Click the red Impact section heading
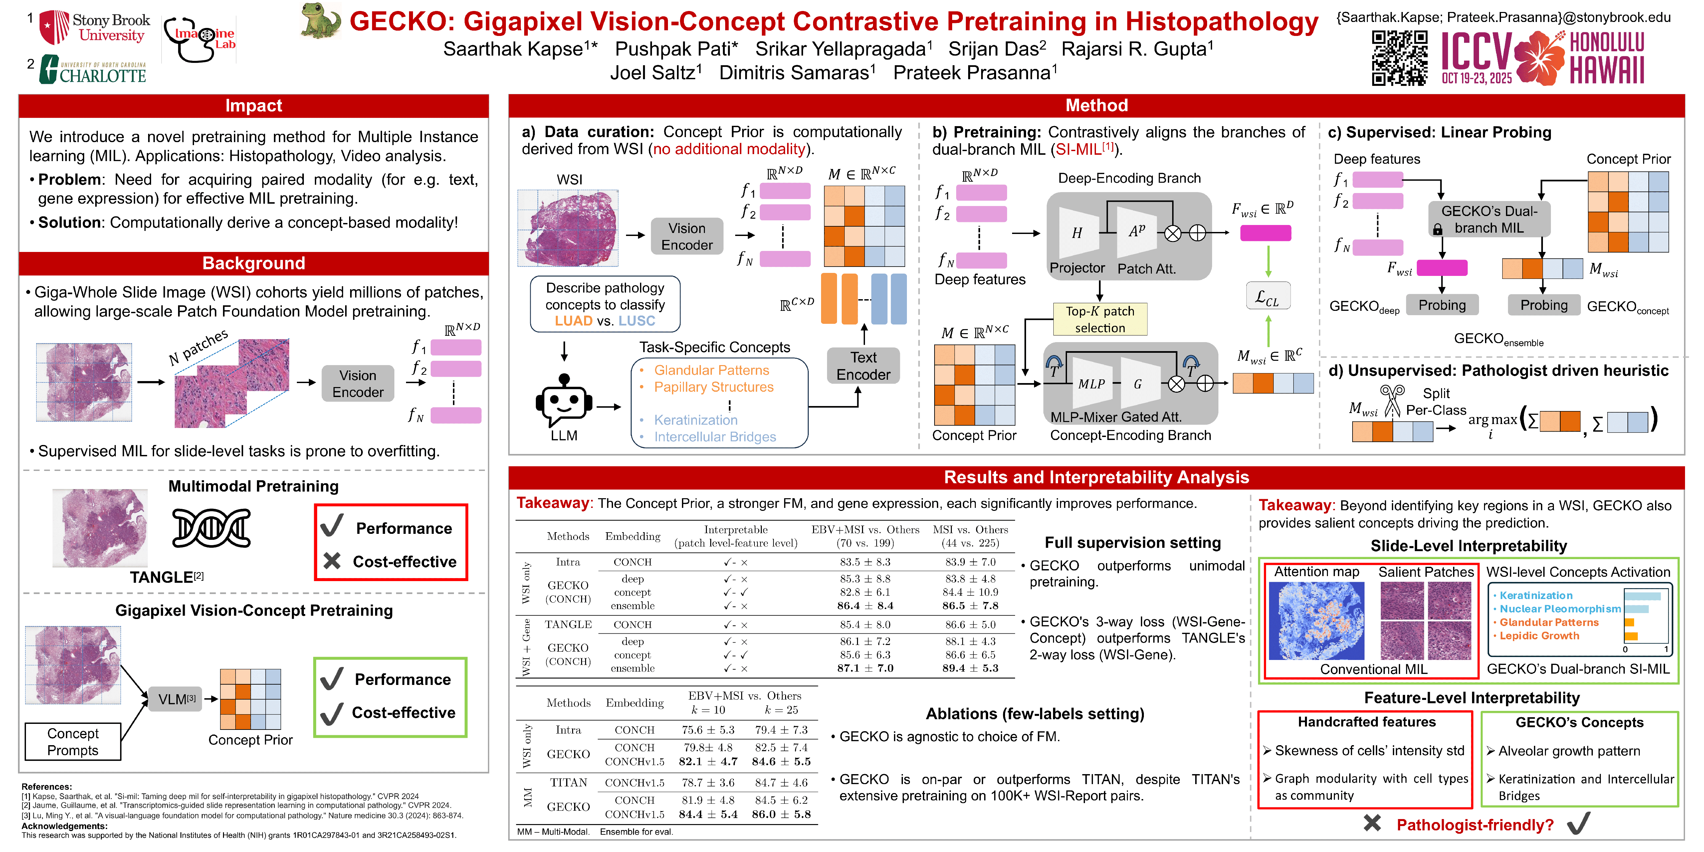tap(253, 106)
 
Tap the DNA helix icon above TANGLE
tap(211, 528)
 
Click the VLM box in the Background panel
tap(176, 699)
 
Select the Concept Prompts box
tap(73, 742)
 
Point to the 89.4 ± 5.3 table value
tap(970, 668)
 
